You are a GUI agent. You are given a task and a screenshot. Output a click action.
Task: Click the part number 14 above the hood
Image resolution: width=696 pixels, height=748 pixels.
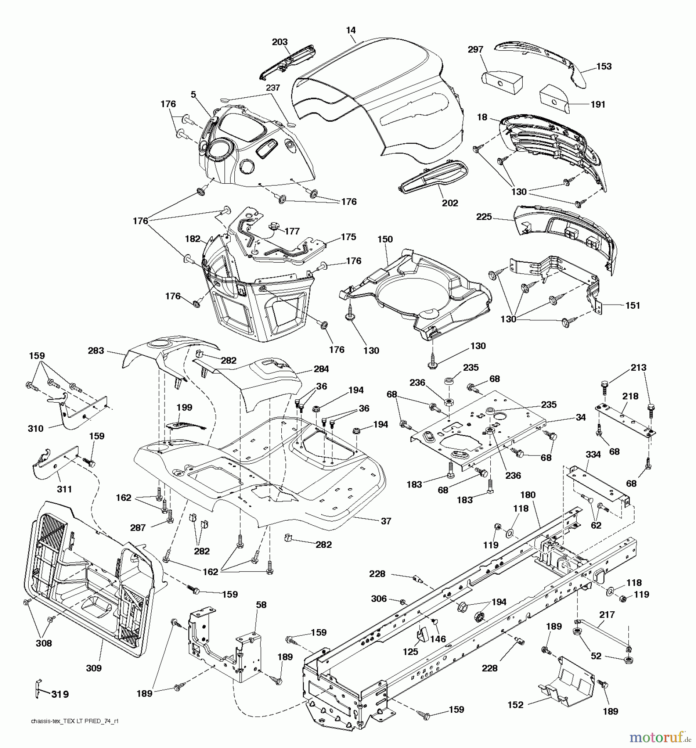(351, 30)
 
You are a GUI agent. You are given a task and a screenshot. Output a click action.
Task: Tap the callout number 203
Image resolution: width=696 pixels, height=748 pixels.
(280, 42)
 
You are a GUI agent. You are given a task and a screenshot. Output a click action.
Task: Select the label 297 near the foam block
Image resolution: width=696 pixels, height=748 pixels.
(475, 49)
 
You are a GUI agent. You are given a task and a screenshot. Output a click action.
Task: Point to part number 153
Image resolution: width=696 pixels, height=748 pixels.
(604, 66)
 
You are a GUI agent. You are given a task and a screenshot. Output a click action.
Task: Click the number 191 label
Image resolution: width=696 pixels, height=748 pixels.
(598, 105)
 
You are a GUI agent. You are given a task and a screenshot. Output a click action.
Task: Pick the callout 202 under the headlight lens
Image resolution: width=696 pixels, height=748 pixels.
(450, 203)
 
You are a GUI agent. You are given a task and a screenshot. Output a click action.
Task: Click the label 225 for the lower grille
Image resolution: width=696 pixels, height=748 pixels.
(484, 217)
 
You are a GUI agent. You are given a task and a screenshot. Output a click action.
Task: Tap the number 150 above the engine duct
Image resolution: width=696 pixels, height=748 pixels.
(385, 239)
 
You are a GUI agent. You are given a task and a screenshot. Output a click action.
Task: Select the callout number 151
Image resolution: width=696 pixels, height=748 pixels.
(632, 305)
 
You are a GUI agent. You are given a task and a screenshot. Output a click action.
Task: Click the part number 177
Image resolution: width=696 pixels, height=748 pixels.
(292, 231)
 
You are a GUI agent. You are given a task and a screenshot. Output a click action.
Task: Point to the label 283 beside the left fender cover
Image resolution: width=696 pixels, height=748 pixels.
(96, 351)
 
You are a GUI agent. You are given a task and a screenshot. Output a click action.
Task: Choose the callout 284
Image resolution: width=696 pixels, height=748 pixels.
(321, 369)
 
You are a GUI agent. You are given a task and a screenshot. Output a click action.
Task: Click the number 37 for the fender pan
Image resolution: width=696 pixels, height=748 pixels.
(386, 521)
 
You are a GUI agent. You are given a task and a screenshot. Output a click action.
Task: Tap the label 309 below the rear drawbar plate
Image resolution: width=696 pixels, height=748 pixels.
(93, 668)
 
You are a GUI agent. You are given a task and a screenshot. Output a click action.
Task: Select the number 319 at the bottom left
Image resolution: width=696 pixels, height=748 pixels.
(60, 694)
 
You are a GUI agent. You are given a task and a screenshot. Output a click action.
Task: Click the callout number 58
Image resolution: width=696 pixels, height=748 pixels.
(261, 605)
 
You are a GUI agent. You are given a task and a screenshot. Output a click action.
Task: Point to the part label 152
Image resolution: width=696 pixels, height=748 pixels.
(516, 705)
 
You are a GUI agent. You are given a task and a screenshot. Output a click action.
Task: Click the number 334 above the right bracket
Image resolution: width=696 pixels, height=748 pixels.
(593, 455)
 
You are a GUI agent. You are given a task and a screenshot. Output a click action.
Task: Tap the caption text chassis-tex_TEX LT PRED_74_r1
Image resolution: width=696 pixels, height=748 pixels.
(75, 721)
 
